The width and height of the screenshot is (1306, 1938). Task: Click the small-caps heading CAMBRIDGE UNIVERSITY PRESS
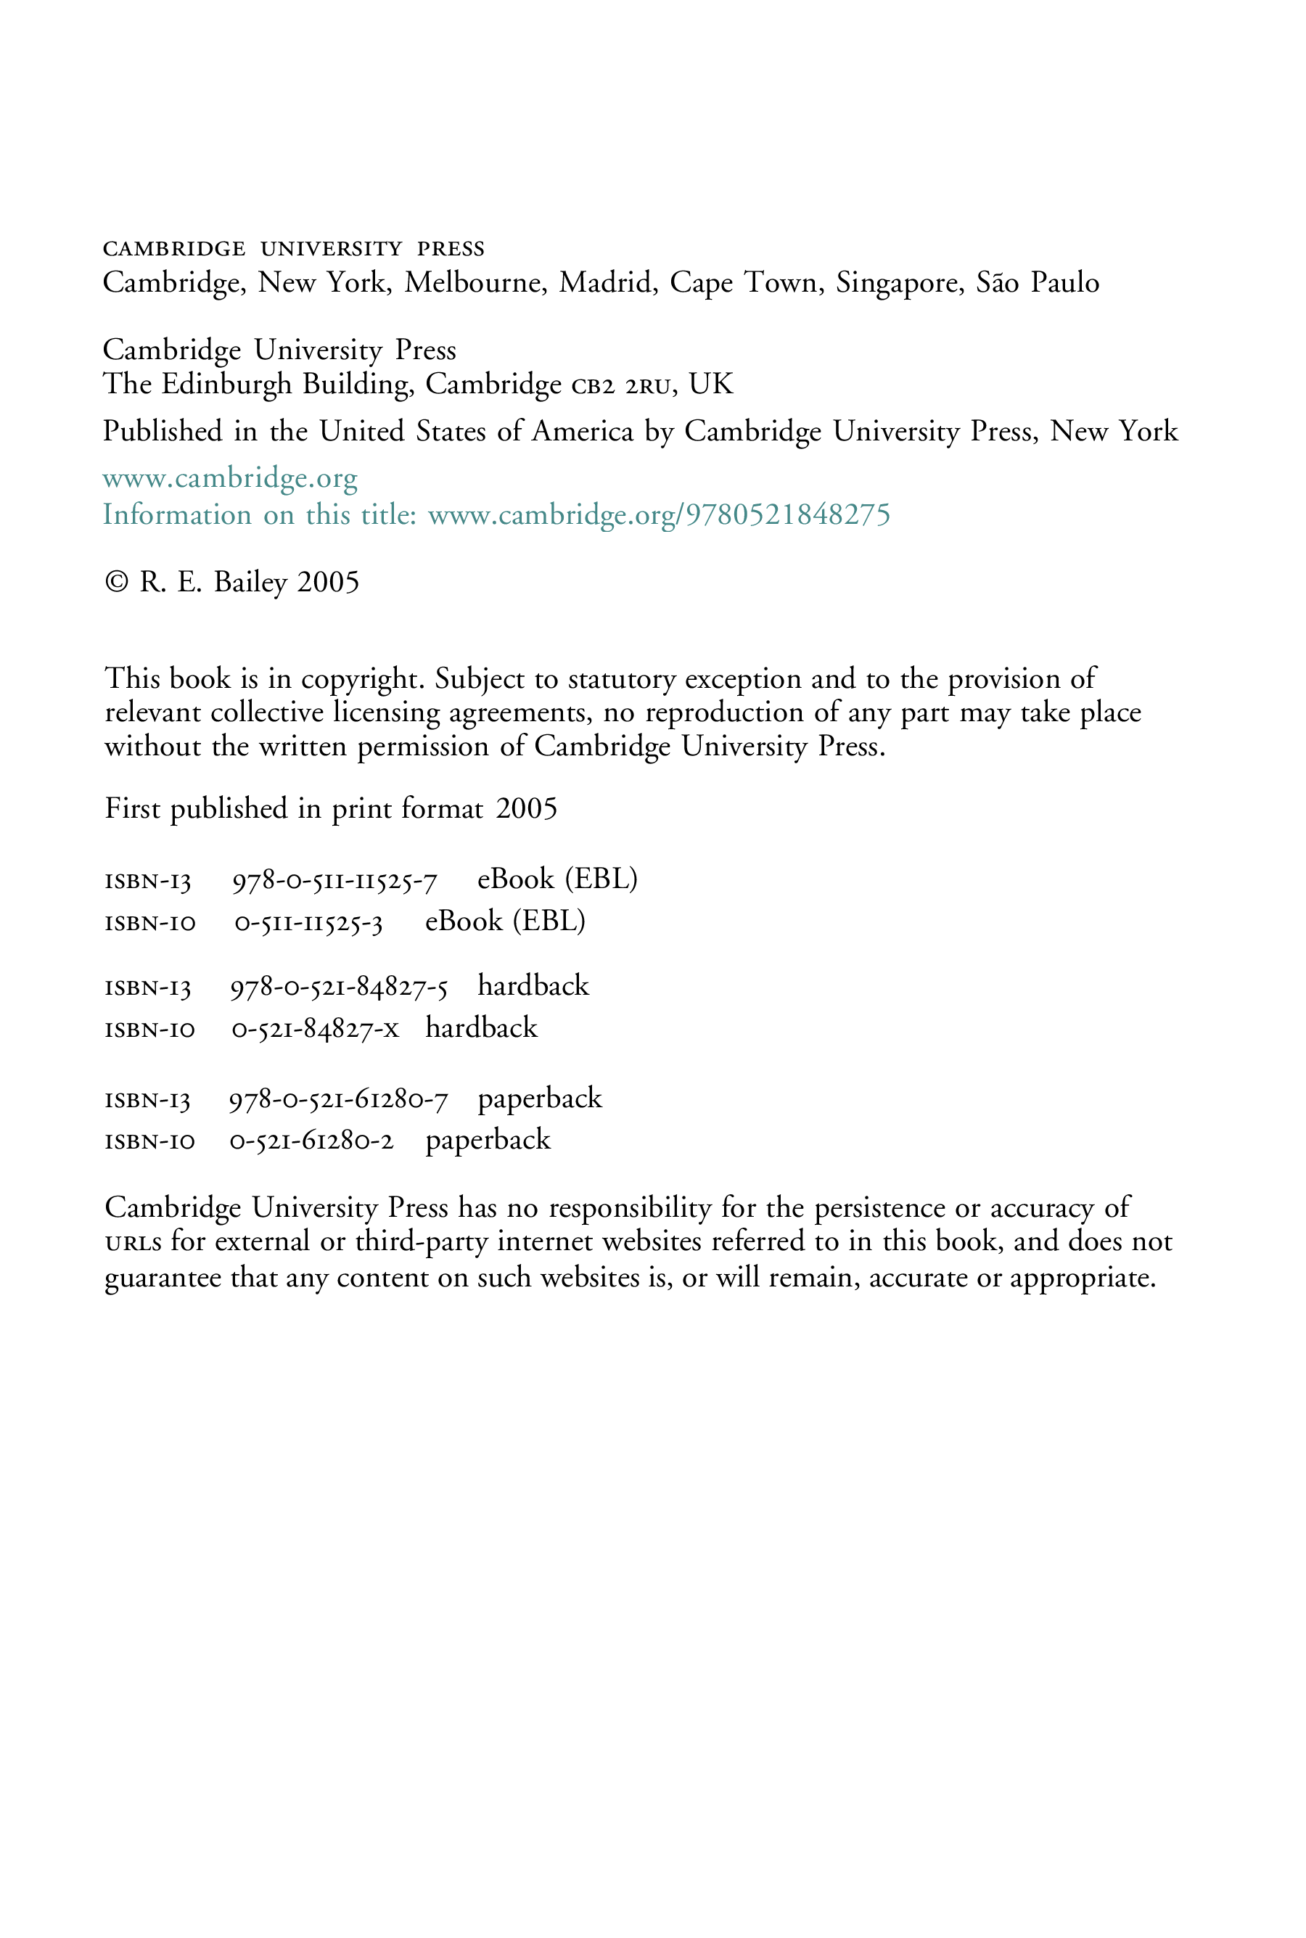click(293, 249)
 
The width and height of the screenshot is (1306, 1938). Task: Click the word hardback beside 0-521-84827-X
click(482, 1029)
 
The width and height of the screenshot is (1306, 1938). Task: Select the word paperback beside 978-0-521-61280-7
click(540, 1100)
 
